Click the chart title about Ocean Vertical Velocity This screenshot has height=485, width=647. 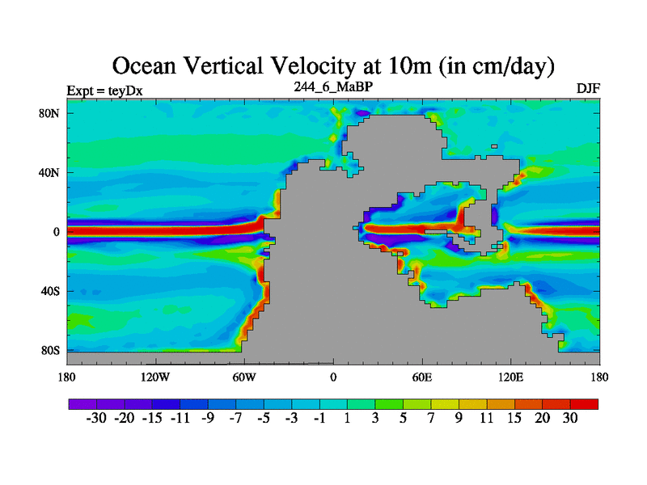333,65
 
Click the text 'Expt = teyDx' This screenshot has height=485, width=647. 104,91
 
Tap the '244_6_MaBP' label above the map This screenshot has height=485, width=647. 333,86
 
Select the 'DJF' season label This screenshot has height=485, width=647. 588,88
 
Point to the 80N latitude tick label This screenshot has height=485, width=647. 50,113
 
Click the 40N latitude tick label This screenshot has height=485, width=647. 50,172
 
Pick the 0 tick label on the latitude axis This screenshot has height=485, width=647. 57,232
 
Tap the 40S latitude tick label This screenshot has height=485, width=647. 50,291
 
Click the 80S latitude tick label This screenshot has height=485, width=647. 50,351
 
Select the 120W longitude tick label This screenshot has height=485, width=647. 155,377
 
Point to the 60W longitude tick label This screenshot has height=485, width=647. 244,377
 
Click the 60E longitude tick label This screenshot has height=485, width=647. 422,377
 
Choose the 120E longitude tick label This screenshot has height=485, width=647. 511,377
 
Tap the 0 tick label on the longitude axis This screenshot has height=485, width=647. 333,377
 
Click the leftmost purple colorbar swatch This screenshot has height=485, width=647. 82,403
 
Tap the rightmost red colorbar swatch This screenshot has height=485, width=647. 585,403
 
